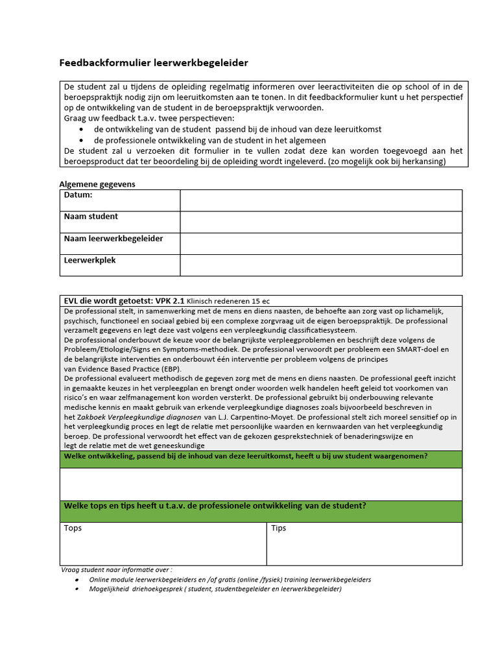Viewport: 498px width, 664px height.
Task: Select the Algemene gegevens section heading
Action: pyautogui.click(x=97, y=184)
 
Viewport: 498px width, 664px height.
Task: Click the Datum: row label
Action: pyautogui.click(x=78, y=195)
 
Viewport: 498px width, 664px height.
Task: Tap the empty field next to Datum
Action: pyautogui.click(x=321, y=200)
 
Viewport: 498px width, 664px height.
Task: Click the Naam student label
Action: pyautogui.click(x=91, y=217)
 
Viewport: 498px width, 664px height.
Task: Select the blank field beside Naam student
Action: pyautogui.click(x=321, y=222)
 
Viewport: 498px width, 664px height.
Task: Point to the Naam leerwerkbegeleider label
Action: pyautogui.click(x=113, y=239)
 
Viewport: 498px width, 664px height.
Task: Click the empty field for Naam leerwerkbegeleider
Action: pyautogui.click(x=321, y=244)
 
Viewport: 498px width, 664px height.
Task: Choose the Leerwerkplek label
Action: pyautogui.click(x=89, y=261)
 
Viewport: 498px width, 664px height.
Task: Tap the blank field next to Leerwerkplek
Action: pyautogui.click(x=321, y=265)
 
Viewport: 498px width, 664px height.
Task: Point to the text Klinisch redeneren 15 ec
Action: pyautogui.click(x=229, y=302)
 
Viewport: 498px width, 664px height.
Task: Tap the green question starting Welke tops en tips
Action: pyautogui.click(x=214, y=506)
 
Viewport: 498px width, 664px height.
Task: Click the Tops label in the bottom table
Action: pyautogui.click(x=73, y=528)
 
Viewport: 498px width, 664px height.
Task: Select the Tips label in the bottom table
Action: pyautogui.click(x=279, y=528)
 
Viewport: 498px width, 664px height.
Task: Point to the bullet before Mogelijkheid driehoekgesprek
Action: pyautogui.click(x=78, y=589)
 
